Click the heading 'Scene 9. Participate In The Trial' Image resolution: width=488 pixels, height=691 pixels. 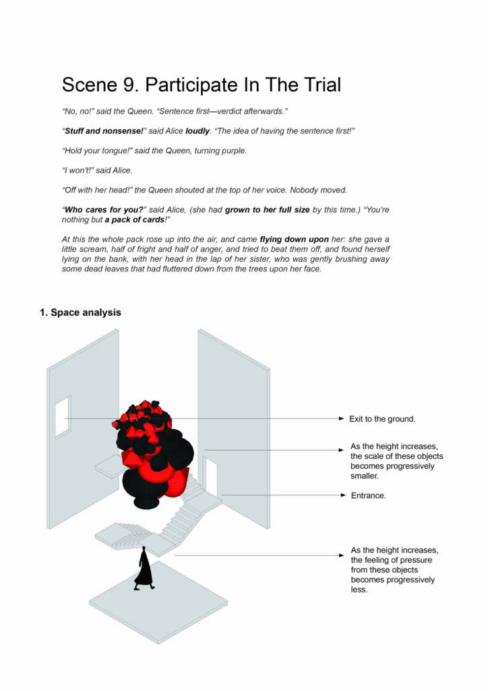click(201, 85)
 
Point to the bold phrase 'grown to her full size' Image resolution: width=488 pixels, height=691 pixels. click(268, 210)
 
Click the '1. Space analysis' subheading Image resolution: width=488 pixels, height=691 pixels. click(80, 312)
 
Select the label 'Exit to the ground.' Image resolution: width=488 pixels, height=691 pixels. click(382, 419)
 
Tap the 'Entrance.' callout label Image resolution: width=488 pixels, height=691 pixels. click(368, 495)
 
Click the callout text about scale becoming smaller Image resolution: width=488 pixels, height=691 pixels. click(396, 461)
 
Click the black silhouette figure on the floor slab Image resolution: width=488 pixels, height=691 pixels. click(144, 569)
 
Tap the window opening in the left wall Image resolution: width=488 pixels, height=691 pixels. click(62, 416)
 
